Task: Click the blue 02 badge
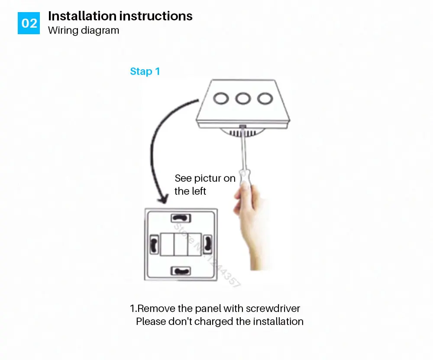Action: click(x=29, y=23)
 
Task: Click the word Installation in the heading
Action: click(x=82, y=16)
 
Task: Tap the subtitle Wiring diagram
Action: click(x=83, y=30)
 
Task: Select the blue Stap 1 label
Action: click(x=145, y=71)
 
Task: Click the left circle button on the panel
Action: click(x=222, y=98)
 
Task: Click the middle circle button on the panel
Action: click(x=243, y=98)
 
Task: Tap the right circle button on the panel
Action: click(x=264, y=98)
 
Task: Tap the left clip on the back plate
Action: click(x=154, y=244)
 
